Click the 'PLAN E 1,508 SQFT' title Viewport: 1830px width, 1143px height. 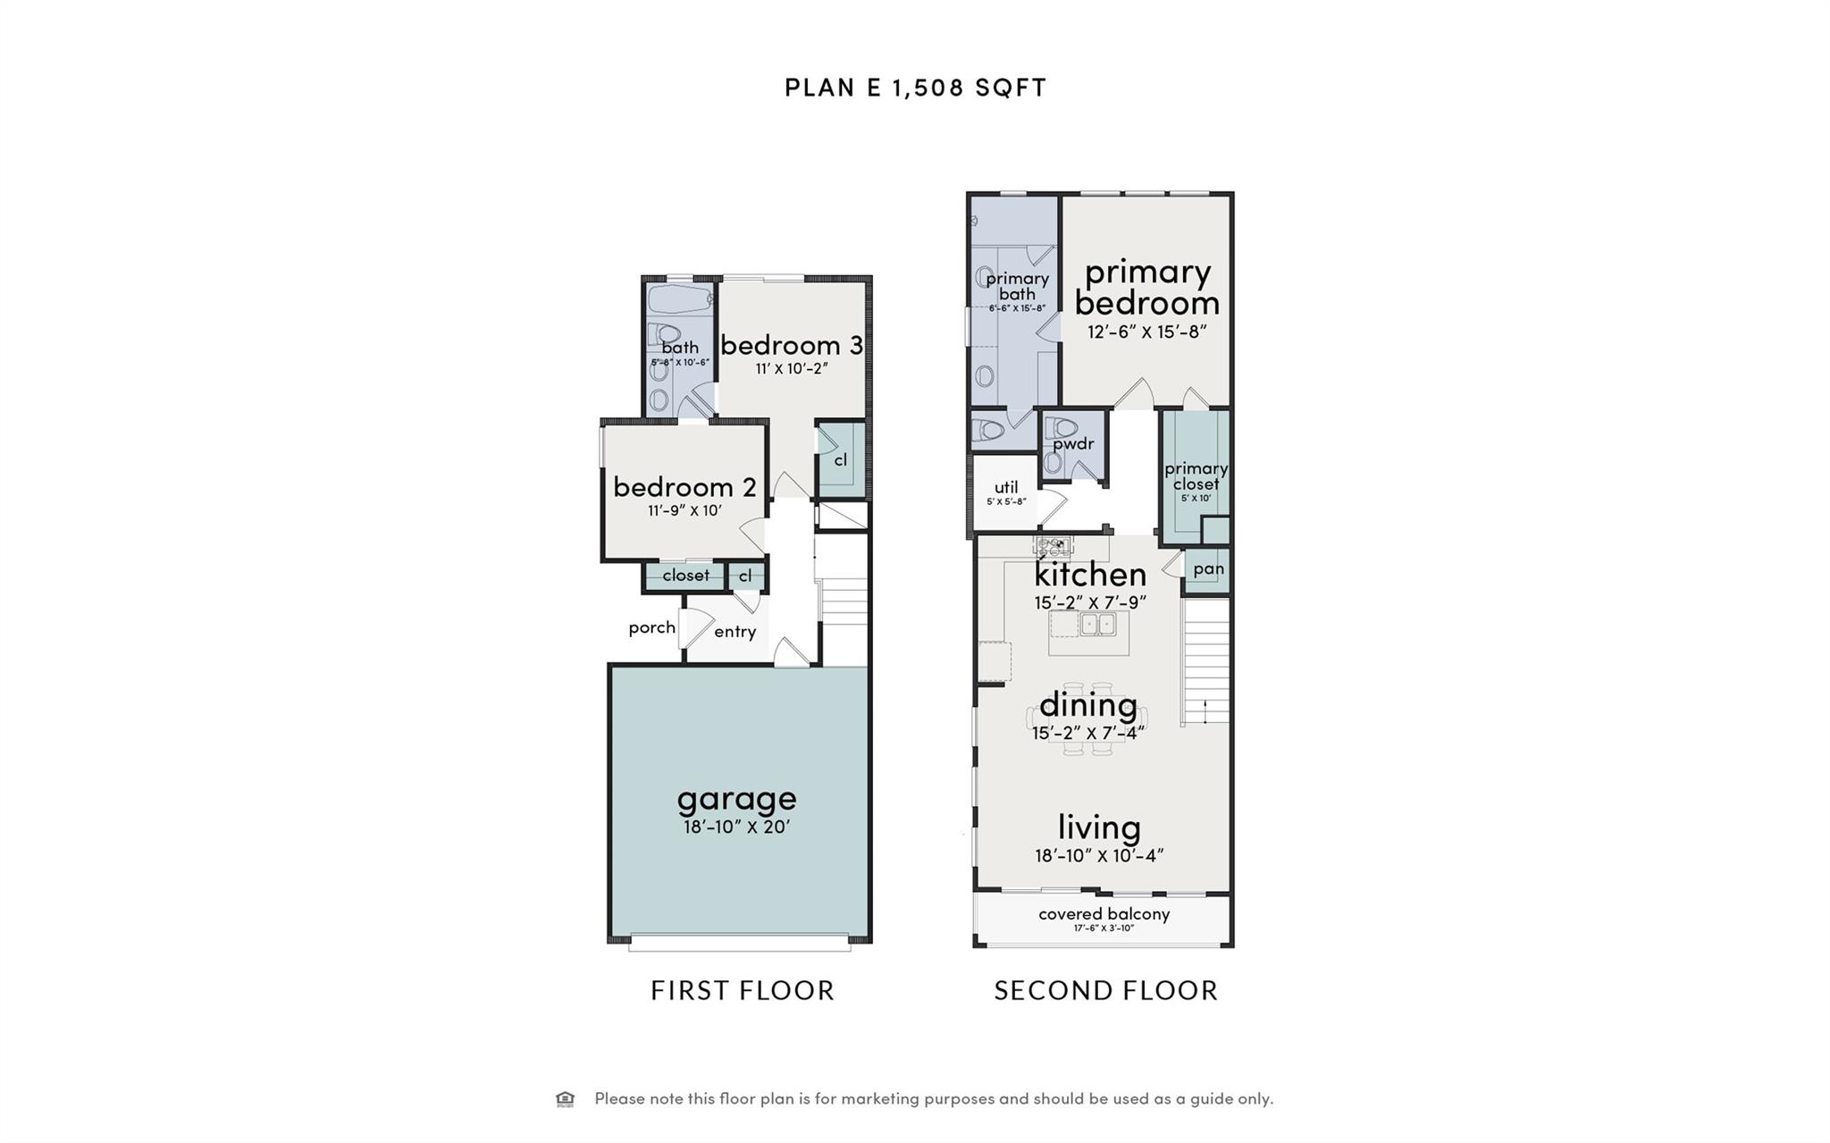point(915,88)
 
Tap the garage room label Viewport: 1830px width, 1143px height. point(736,798)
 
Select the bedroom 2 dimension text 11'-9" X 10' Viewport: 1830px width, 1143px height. point(684,511)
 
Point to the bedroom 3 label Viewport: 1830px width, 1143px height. point(792,345)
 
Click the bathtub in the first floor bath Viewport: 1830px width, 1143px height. point(679,298)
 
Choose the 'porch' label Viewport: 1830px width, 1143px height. point(651,627)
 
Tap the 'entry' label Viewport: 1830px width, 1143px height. point(735,632)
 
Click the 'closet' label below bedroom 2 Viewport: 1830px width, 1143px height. point(685,576)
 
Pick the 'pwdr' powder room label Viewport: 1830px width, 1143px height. point(1072,444)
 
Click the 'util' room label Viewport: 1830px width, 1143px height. point(1006,487)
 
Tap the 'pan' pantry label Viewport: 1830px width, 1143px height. point(1208,569)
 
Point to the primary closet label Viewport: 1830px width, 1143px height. point(1196,475)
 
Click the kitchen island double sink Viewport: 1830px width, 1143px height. point(1097,624)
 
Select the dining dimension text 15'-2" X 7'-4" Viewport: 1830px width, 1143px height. point(1088,734)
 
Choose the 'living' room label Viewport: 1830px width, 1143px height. point(1099,827)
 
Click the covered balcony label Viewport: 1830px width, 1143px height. point(1104,914)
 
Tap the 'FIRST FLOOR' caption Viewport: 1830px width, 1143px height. point(743,991)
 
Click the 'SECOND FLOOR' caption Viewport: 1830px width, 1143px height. point(1106,991)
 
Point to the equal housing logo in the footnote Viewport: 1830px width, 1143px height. point(565,1099)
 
